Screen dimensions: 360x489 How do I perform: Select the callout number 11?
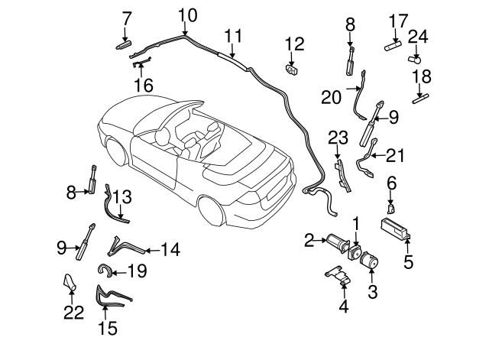click(x=234, y=35)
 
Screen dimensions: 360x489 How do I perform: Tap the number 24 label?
click(x=417, y=35)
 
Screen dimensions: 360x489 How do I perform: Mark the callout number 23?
click(x=337, y=138)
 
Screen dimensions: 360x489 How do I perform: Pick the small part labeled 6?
click(x=390, y=206)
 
